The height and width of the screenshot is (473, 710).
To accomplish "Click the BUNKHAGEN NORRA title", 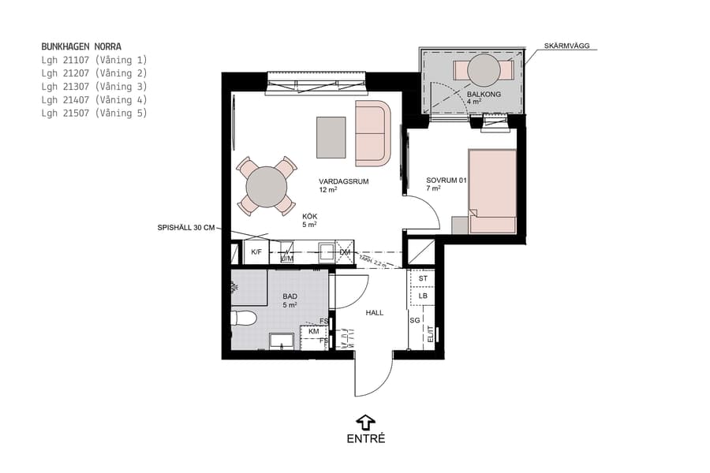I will tap(81, 47).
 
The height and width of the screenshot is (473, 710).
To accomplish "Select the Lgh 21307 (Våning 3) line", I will tap(94, 87).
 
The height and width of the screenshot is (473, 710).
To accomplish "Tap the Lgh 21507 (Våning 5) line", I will tap(94, 114).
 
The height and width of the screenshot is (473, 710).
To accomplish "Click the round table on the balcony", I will tap(483, 71).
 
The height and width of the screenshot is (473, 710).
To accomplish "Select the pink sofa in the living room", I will tap(372, 133).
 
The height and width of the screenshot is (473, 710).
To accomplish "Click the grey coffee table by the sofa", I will tap(331, 136).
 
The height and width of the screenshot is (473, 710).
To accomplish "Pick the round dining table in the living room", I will tap(266, 186).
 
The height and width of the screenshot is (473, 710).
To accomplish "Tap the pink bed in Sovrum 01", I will tap(492, 192).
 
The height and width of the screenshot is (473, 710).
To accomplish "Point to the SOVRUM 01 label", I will tap(447, 179).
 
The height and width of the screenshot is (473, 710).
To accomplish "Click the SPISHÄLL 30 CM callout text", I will tap(185, 228).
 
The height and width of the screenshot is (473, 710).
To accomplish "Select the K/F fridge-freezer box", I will tap(256, 252).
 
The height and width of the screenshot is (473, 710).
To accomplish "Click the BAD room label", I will tap(290, 296).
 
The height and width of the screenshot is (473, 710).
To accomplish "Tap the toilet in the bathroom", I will tap(244, 318).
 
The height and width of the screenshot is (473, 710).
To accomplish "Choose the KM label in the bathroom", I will tap(313, 331).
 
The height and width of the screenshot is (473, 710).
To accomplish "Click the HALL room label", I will tap(374, 313).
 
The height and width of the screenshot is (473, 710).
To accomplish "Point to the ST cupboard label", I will tap(423, 278).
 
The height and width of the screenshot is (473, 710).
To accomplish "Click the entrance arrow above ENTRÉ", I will tap(365, 422).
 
